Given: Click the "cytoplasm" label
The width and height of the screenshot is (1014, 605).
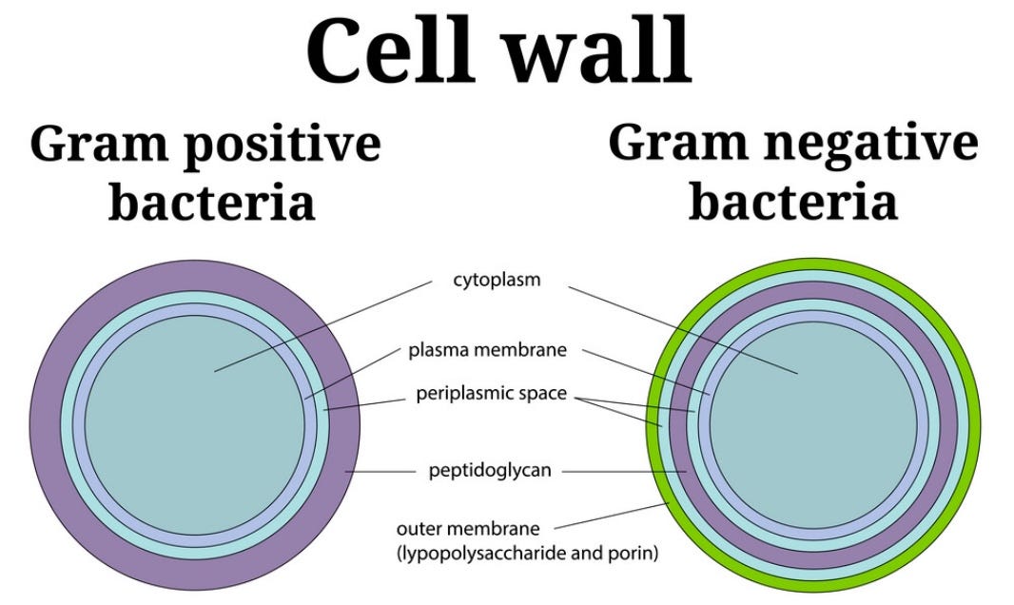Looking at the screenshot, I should pos(497,281).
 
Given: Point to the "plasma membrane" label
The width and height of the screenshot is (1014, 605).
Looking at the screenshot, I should pos(487,350).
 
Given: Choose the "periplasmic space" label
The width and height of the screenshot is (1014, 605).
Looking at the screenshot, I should pos(492,393).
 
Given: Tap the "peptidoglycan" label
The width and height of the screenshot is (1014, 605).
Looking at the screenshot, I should pos(490,470).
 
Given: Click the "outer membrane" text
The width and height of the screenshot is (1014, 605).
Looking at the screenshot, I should pos(468,528).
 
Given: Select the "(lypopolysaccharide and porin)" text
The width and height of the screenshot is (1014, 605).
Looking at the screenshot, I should pos(526,553).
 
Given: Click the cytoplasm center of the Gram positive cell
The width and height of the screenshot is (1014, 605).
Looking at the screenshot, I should pos(195,423).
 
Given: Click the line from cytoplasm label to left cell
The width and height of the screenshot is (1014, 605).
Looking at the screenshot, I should pos(314,324).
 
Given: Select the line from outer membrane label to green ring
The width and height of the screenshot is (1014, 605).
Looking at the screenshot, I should pos(609,515).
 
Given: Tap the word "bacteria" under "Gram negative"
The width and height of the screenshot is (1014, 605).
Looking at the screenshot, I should pos(792,201).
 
